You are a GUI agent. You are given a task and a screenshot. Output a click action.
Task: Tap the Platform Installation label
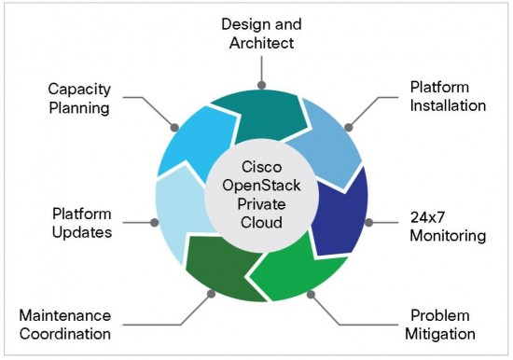pos(448,96)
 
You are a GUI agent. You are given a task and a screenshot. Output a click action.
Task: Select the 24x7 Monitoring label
pos(448,227)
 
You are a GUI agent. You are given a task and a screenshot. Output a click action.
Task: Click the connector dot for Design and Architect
pos(262,85)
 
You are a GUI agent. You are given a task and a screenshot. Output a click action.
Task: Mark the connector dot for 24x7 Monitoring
pos(369,223)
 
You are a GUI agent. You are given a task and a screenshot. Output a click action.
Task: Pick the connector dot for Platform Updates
pos(154,223)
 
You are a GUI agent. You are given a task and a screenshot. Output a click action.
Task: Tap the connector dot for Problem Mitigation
pos(312,295)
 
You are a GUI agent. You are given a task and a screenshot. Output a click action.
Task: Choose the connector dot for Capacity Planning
pos(173,125)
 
